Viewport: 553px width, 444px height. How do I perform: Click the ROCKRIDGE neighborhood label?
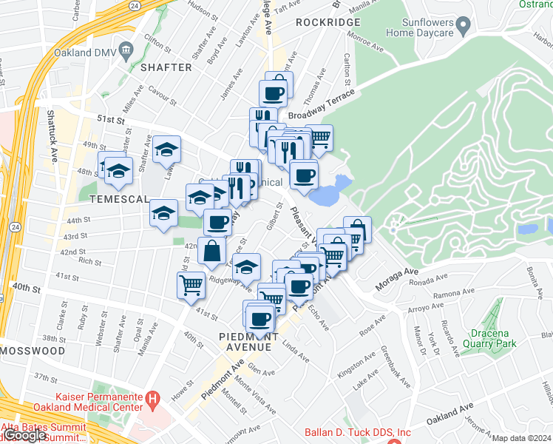point(328,22)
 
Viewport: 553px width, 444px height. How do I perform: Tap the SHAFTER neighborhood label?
point(166,67)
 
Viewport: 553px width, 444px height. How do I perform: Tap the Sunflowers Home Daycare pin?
point(464,27)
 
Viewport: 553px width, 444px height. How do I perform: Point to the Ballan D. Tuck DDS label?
point(358,433)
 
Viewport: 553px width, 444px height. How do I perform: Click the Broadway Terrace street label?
point(322,103)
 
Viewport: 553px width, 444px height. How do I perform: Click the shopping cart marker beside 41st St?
point(191,285)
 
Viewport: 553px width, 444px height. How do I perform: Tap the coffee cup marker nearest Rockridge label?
point(273,94)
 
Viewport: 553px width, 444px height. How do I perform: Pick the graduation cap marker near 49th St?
point(167,149)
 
